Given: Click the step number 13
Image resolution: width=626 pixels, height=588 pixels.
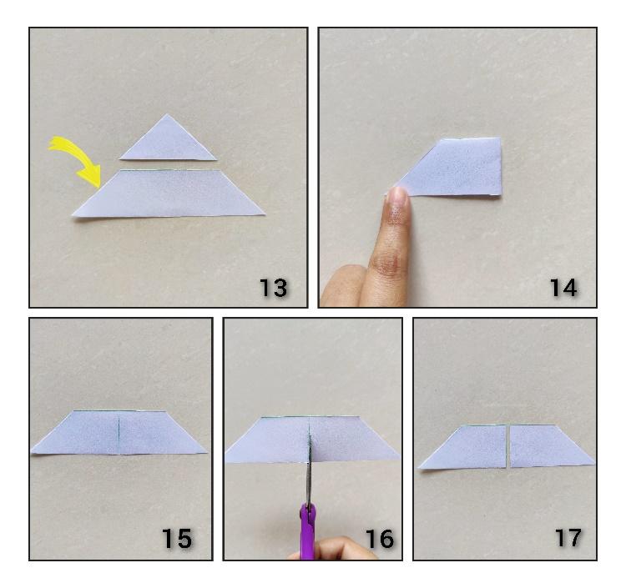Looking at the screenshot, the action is (274, 288).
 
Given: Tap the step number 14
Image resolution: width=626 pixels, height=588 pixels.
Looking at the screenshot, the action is (563, 288).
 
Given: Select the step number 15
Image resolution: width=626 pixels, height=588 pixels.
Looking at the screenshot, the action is (177, 538).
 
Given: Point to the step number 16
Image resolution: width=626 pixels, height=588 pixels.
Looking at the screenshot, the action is (380, 538).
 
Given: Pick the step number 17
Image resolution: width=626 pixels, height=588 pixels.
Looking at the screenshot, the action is (568, 537).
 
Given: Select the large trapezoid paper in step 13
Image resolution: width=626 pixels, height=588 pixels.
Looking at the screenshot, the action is (168, 193).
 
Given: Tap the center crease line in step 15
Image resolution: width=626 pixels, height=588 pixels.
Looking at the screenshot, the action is (119, 434).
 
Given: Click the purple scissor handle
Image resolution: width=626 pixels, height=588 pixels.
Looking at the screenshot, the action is (307, 533).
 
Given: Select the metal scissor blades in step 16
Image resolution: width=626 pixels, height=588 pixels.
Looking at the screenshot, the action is (309, 467).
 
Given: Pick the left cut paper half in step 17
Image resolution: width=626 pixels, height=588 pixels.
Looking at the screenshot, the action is (465, 447).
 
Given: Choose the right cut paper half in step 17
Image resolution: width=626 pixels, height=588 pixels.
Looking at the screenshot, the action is (551, 446).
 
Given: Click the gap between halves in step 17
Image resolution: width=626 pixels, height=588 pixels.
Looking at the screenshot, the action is (508, 446).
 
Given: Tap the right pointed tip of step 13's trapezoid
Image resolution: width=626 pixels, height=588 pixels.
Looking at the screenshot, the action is (265, 214).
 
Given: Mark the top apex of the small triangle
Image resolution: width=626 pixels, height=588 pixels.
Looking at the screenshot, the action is (167, 114).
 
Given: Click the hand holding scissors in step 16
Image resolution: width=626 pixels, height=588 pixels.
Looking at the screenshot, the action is (336, 549).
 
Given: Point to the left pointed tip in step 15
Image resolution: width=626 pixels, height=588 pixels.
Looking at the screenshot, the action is (32, 451).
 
